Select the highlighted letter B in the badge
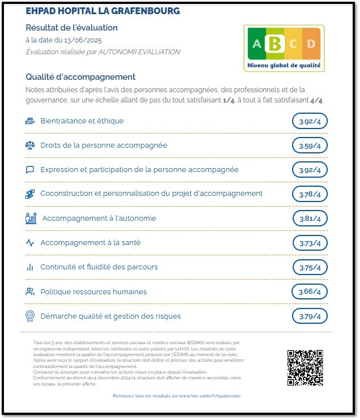[x=276, y=43]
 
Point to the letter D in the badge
[x=311, y=44]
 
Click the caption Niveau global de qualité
[x=284, y=66]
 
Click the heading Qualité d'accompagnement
[x=81, y=77]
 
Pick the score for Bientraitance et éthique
[x=310, y=121]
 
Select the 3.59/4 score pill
[x=310, y=146]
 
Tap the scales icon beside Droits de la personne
[x=30, y=145]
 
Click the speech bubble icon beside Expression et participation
[x=30, y=170]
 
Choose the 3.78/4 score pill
[x=310, y=194]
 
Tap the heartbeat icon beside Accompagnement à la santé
[x=30, y=243]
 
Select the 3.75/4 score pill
[x=310, y=268]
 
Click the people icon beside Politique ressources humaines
[x=30, y=292]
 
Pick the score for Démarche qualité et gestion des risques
[x=310, y=316]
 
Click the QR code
[x=305, y=368]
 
